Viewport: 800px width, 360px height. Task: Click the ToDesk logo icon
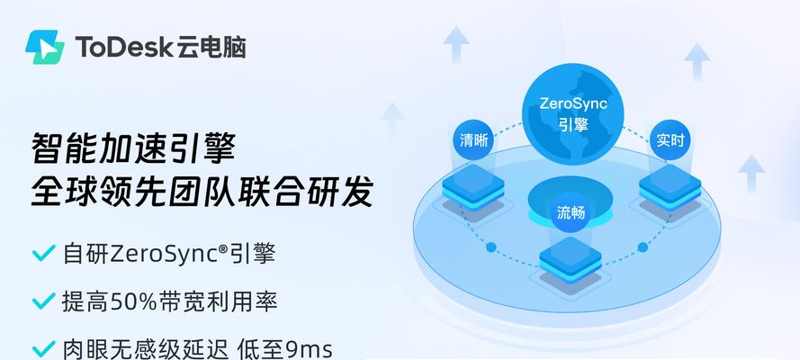pos(45,47)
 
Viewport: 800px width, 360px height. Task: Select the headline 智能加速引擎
pos(134,148)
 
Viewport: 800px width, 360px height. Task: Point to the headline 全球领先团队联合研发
pos(202,191)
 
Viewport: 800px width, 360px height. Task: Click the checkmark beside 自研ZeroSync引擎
pos(43,253)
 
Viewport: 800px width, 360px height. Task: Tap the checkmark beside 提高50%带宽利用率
pos(43,301)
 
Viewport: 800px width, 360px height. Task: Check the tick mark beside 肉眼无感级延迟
pos(43,349)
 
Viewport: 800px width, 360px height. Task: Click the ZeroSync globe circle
pos(572,113)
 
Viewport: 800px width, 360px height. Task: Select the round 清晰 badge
pos(473,140)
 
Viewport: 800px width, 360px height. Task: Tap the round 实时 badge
pos(670,139)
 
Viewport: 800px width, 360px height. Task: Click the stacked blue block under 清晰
pos(473,187)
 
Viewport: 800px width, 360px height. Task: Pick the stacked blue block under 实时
pos(670,187)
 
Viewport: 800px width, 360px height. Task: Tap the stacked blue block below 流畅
pos(571,261)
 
